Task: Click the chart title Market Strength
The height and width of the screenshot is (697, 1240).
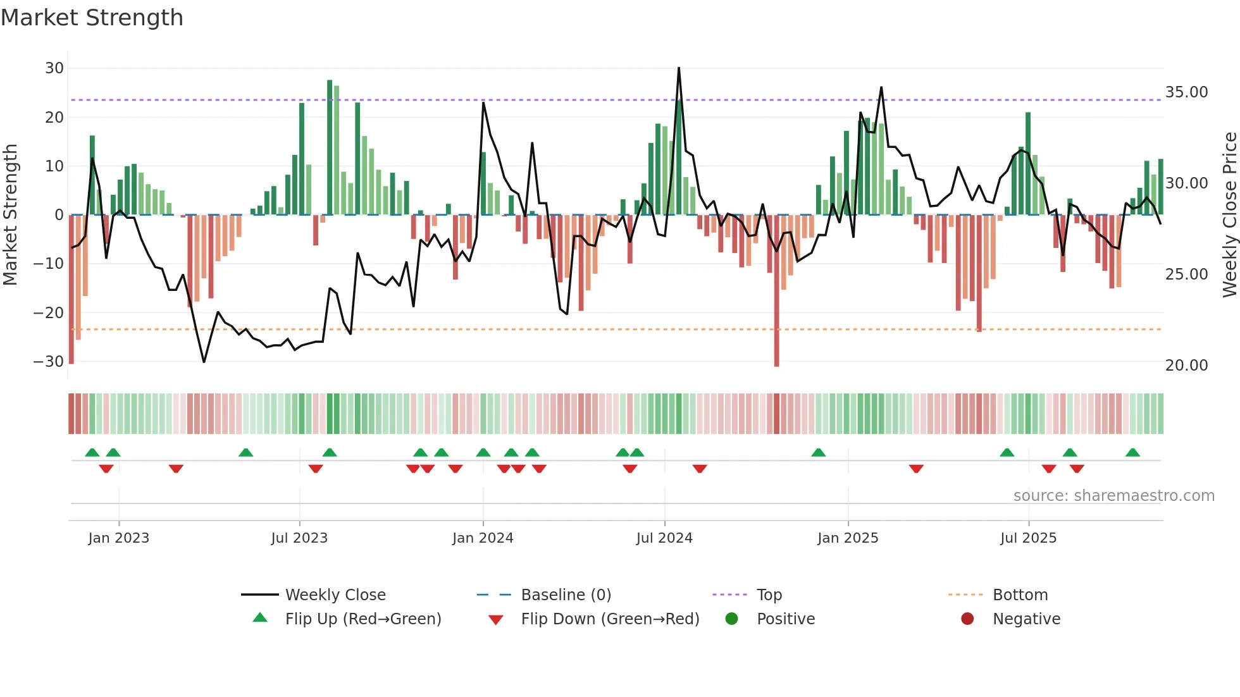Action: (92, 18)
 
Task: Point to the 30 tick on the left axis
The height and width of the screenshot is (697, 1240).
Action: (54, 68)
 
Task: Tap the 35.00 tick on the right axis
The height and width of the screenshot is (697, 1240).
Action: (1186, 92)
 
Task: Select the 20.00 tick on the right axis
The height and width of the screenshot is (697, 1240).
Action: (1186, 366)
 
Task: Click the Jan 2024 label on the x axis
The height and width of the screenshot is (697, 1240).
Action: (483, 538)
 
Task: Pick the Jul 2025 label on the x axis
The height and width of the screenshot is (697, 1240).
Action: (1028, 538)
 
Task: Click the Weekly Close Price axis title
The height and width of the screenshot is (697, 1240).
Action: (1229, 215)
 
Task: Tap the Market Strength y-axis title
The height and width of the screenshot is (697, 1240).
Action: (10, 215)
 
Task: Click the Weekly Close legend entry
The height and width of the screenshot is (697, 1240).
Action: (335, 595)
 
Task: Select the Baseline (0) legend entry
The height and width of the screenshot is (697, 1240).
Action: (566, 595)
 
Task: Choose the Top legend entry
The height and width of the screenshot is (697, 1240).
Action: (769, 595)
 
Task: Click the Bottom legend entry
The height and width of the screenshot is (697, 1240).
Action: (1020, 595)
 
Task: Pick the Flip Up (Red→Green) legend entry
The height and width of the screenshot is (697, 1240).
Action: (363, 619)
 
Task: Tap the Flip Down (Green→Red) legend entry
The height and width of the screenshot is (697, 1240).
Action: (610, 619)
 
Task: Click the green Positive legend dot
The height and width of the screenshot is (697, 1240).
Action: (732, 619)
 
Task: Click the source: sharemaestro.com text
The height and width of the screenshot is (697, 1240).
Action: (1113, 496)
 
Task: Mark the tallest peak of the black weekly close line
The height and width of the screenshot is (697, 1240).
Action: (679, 68)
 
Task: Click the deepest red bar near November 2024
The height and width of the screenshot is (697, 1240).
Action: (776, 291)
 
